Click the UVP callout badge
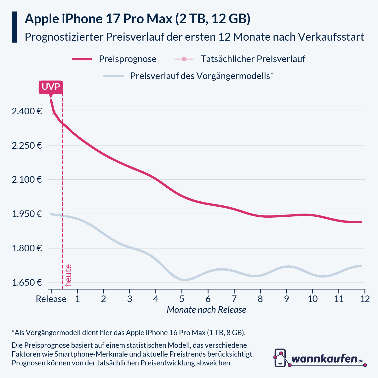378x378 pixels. [51, 87]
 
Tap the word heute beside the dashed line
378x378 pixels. [68, 275]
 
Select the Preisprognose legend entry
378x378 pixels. [128, 59]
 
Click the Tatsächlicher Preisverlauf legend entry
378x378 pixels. [253, 59]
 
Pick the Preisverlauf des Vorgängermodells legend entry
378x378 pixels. [202, 76]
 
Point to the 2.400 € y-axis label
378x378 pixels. [27, 111]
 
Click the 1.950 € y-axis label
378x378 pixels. [27, 214]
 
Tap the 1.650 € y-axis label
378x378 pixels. [27, 283]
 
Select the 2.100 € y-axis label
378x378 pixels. [27, 180]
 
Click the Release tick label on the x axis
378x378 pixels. [51, 299]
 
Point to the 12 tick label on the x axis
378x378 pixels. [365, 299]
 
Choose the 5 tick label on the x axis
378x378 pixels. [182, 299]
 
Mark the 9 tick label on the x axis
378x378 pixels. [286, 299]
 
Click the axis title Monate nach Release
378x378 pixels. [206, 310]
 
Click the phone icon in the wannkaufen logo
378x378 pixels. [280, 358]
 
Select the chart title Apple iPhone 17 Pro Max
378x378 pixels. [137, 19]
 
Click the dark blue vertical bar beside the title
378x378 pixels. [14, 27]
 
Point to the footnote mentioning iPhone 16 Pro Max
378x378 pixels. [129, 333]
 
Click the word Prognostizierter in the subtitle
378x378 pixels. [64, 37]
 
